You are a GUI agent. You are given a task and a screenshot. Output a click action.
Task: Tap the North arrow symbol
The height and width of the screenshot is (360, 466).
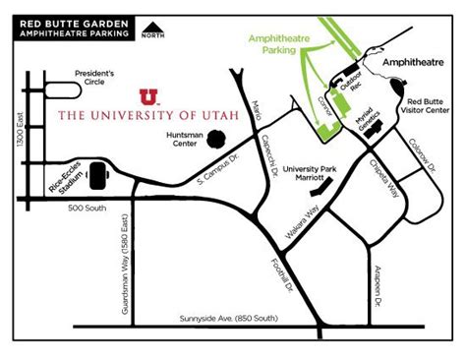coord(153,30)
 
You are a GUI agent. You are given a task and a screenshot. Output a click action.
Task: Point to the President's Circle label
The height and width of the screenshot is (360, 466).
coord(94,77)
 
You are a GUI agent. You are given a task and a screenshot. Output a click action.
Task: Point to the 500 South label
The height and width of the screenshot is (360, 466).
coord(88,208)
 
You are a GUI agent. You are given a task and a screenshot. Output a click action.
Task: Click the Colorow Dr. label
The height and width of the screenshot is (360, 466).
coord(420,158)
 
